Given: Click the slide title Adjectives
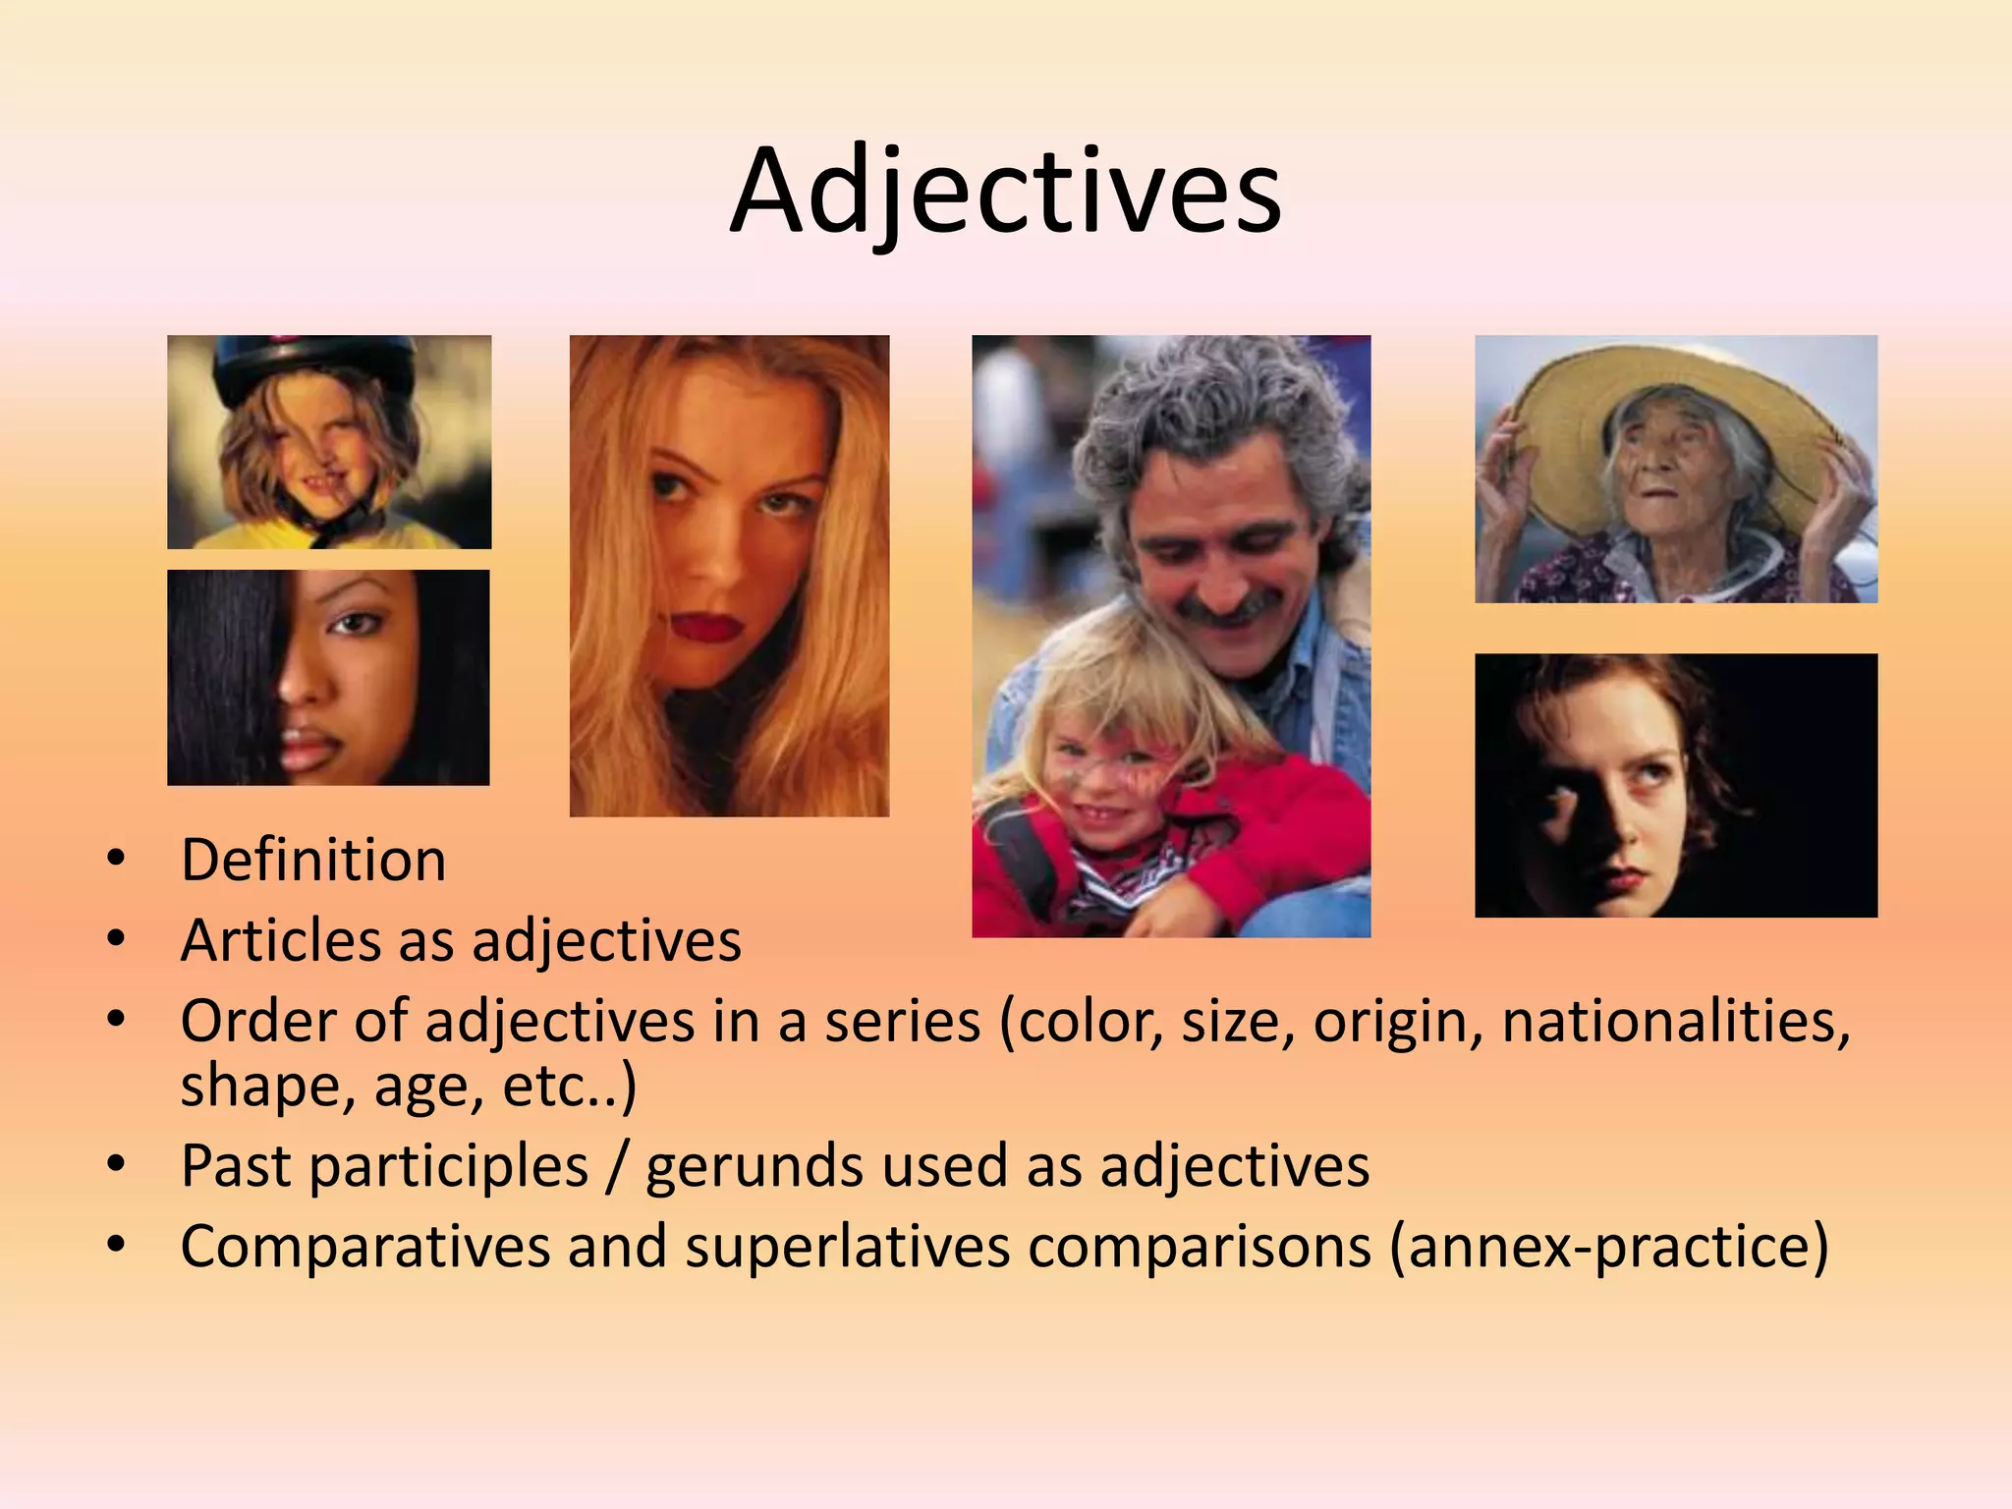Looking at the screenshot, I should [1005, 191].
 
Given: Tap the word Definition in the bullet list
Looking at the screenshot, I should [313, 861].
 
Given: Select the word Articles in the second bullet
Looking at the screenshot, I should [280, 941].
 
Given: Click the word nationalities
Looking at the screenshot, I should [1675, 1022].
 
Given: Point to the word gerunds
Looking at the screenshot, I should [754, 1167].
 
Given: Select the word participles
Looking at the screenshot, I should [449, 1167].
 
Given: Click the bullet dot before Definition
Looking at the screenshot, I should [117, 860].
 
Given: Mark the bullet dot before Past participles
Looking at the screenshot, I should [117, 1165].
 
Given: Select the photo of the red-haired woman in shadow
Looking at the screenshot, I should [1675, 785].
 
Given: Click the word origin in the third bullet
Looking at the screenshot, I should [1397, 1022].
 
